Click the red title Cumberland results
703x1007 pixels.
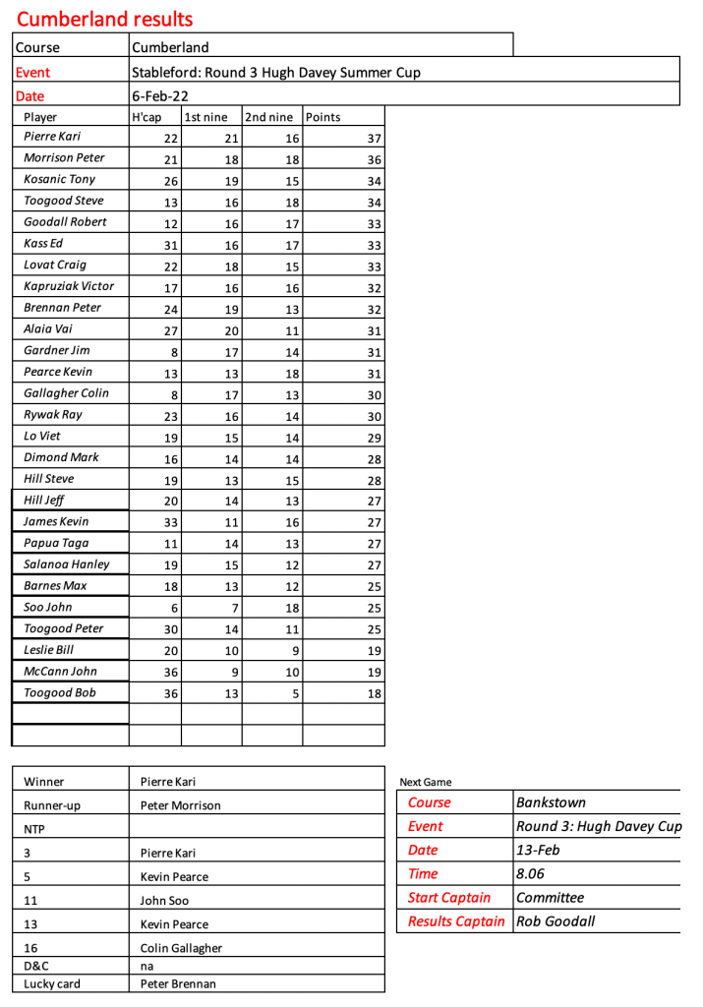pyautogui.click(x=104, y=19)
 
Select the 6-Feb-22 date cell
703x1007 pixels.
pyautogui.click(x=160, y=95)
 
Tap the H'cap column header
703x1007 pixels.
pyautogui.click(x=146, y=117)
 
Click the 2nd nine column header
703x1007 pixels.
pyautogui.click(x=269, y=117)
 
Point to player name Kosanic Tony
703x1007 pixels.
pyautogui.click(x=60, y=179)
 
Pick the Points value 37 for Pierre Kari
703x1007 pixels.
pyautogui.click(x=373, y=139)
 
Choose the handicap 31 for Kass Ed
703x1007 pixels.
pyautogui.click(x=170, y=245)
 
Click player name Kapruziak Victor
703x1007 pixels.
pyautogui.click(x=69, y=286)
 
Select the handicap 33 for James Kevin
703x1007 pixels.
pyautogui.click(x=170, y=522)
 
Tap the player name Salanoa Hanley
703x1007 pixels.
pyautogui.click(x=67, y=564)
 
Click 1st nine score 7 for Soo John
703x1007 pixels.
pyautogui.click(x=235, y=608)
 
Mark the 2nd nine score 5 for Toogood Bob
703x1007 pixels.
pyautogui.click(x=294, y=693)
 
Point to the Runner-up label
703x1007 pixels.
pyautogui.click(x=52, y=805)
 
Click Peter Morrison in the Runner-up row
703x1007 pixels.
pyautogui.click(x=181, y=805)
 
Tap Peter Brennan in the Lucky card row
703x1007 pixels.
pyautogui.click(x=179, y=983)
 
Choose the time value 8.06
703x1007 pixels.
pyautogui.click(x=531, y=873)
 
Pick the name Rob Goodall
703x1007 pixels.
pyautogui.click(x=556, y=921)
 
